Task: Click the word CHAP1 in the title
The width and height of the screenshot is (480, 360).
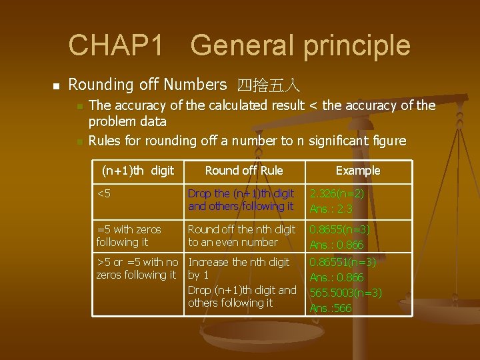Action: point(116,45)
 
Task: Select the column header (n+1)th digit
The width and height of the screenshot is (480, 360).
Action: point(137,171)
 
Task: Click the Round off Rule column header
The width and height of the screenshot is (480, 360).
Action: point(244,171)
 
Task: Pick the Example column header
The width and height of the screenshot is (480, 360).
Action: point(358,171)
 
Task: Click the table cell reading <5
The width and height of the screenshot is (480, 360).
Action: point(103,194)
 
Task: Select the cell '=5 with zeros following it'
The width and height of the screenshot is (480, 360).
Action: point(129,235)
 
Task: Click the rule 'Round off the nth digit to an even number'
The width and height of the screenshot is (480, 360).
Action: point(241,235)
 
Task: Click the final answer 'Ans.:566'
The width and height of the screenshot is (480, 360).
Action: point(331,308)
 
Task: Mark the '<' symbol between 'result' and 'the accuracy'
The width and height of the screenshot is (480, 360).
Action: point(314,105)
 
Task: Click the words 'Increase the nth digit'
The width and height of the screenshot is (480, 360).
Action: point(239,262)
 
